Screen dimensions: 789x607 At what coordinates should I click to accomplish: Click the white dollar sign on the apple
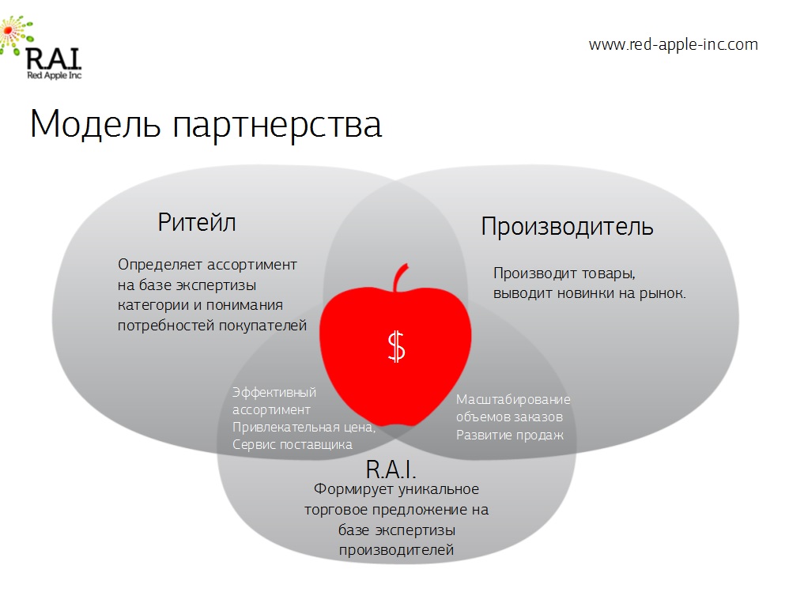pos(397,346)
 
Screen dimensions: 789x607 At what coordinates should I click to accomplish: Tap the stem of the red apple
pos(401,277)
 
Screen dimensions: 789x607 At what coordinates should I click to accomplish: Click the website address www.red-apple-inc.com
pos(674,45)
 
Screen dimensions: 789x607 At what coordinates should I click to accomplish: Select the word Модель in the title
pos(95,124)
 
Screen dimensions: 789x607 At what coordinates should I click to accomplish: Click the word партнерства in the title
pos(277,126)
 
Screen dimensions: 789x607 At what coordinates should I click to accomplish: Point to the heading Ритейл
pos(197,223)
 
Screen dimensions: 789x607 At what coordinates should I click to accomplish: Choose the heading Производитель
pos(567,227)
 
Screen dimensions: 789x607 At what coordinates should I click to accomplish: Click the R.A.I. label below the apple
pos(391,470)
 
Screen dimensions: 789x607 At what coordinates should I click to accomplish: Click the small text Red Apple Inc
pos(55,75)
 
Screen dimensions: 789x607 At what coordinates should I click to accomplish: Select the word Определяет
pos(160,265)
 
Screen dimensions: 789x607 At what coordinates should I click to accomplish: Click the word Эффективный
pos(274,393)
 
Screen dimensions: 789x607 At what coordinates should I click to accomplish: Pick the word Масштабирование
pos(513,400)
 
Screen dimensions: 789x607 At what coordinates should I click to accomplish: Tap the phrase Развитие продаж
pos(510,435)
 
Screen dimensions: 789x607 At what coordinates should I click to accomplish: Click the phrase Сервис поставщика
pos(293,444)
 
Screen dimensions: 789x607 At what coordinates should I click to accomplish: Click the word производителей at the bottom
pos(397,550)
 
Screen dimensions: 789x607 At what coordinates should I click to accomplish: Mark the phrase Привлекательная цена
pos(304,428)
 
